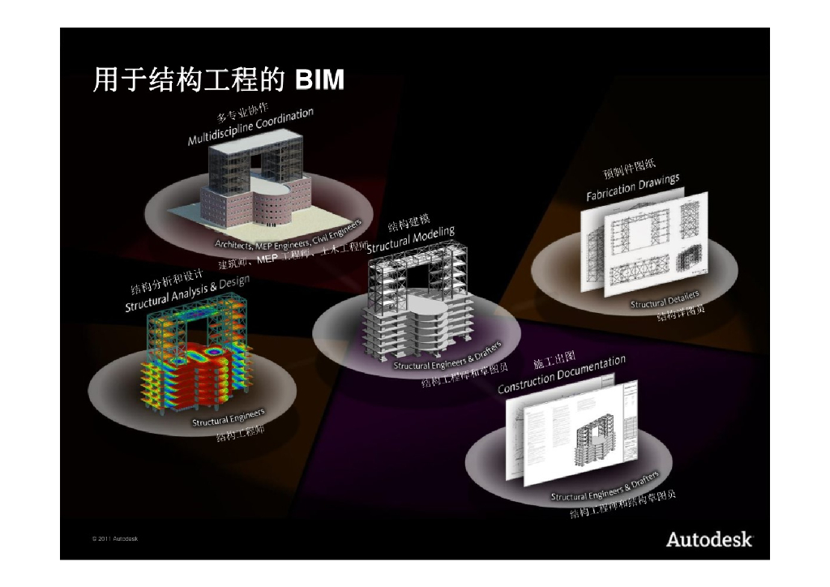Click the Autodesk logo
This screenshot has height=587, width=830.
pos(709,539)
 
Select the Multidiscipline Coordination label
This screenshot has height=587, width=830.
pos(250,127)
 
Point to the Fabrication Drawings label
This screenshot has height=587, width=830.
pos(633,188)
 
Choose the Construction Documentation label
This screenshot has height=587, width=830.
pos(562,375)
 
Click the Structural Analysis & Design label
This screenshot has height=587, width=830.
pos(187,293)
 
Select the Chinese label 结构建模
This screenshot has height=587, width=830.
pos(409,225)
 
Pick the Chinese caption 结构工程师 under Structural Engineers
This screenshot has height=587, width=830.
pos(240,432)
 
